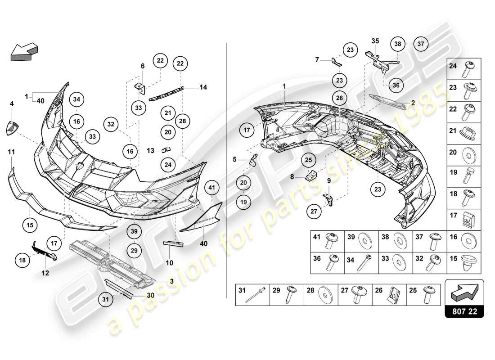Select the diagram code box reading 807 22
click(x=464, y=310)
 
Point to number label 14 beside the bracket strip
click(x=203, y=87)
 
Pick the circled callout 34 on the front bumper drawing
click(x=76, y=99)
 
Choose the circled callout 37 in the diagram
click(x=421, y=44)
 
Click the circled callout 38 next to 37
click(x=397, y=44)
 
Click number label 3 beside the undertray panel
click(x=171, y=280)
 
